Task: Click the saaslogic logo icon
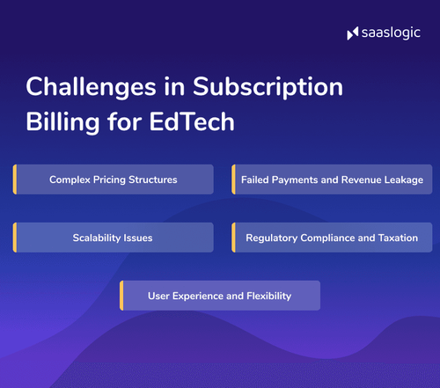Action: (353, 34)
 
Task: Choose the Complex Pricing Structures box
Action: (114, 179)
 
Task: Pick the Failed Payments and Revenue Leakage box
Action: (332, 179)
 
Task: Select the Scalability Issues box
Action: (114, 238)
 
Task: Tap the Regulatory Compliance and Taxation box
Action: (332, 238)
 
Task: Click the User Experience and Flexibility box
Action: (220, 296)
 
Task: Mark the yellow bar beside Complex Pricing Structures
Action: (15, 179)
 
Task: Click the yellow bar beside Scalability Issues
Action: (15, 238)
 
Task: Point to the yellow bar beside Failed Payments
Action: (233, 179)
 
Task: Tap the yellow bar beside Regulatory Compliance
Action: (233, 238)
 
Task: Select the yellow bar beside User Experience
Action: (122, 296)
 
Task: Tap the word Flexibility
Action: (268, 296)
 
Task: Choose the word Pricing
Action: (108, 179)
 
